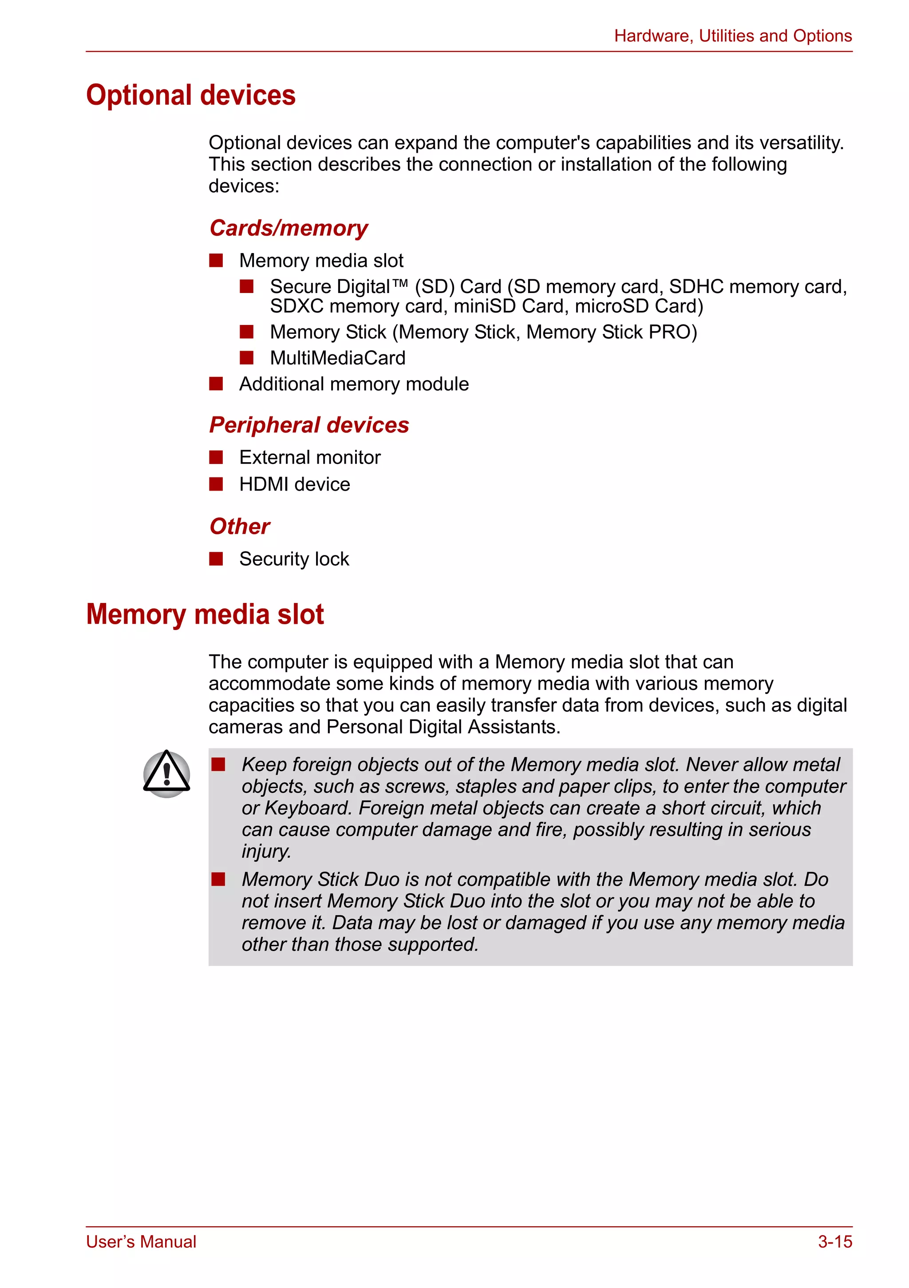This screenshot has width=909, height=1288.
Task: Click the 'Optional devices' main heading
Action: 191,95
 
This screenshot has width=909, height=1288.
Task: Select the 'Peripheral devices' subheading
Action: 309,425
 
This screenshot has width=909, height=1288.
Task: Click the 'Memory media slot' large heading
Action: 205,614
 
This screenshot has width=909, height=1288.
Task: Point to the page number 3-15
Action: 834,1241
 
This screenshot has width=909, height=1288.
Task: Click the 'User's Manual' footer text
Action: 141,1241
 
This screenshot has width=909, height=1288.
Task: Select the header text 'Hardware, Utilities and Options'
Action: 732,36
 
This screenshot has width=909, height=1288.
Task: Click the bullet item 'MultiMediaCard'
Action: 338,358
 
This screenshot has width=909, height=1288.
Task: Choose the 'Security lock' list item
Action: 294,559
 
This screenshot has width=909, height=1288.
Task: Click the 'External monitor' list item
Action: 309,458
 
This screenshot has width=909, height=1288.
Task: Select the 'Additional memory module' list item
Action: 354,384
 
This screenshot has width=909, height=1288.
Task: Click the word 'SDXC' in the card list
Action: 296,306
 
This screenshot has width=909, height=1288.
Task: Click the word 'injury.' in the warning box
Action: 266,852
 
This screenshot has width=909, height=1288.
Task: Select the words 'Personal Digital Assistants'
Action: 443,727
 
